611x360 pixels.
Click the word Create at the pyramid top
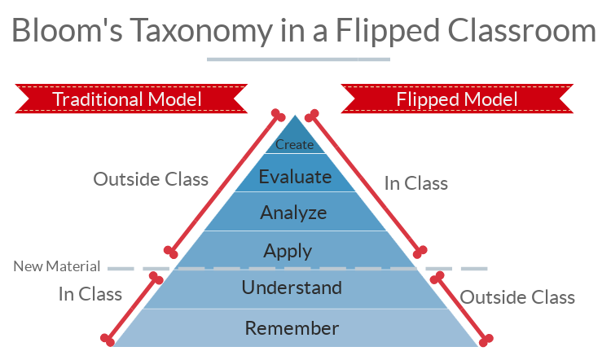click(294, 144)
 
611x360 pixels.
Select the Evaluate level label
click(295, 177)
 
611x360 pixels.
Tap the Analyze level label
click(293, 213)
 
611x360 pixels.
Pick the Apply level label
click(288, 252)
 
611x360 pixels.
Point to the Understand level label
click(292, 288)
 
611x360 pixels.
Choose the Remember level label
click(292, 328)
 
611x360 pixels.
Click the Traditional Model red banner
click(131, 99)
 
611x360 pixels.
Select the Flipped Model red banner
click(457, 99)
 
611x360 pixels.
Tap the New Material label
click(56, 266)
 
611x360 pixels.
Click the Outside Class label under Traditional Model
click(151, 179)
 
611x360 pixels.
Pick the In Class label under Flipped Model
click(416, 183)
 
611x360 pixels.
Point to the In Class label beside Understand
click(90, 294)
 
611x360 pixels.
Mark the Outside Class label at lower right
click(517, 297)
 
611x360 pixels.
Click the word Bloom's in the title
click(67, 30)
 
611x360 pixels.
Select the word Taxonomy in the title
click(201, 31)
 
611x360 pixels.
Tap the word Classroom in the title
click(521, 30)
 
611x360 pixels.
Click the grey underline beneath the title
click(298, 59)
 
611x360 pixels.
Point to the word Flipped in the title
click(387, 31)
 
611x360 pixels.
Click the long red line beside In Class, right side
click(366, 183)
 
